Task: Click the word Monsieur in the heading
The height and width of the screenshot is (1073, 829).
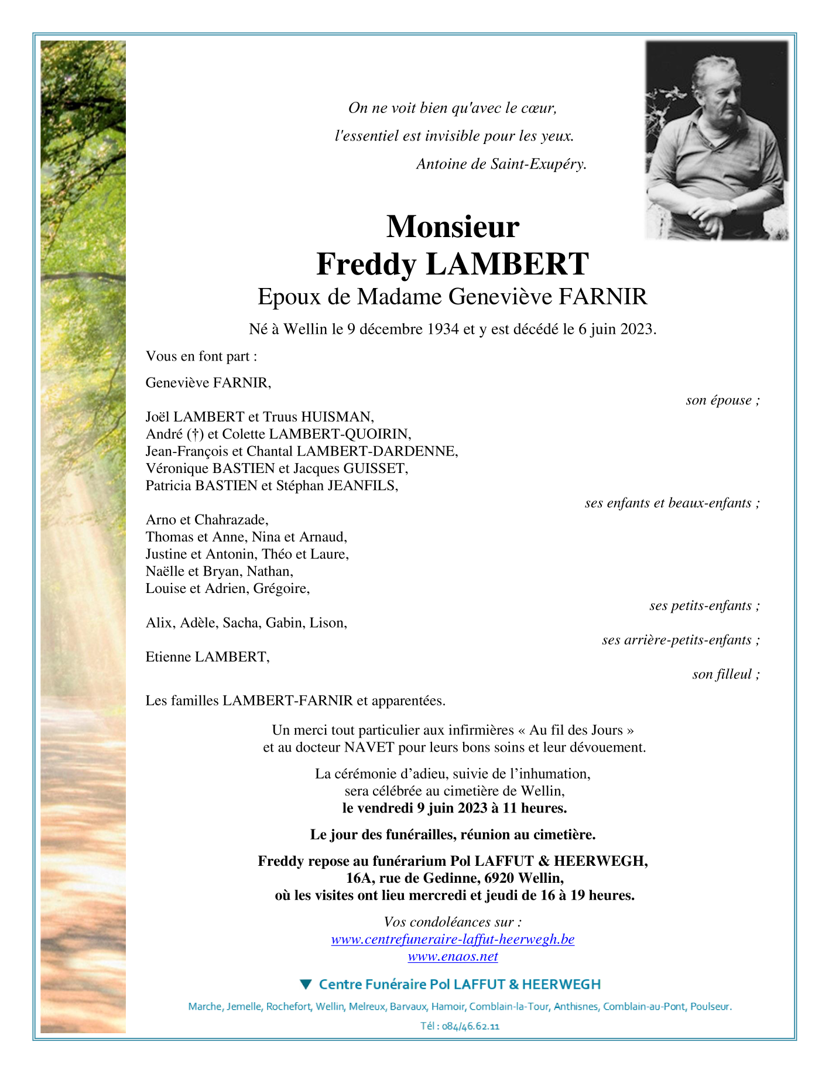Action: coord(453,227)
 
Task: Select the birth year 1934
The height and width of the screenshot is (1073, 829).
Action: coord(443,329)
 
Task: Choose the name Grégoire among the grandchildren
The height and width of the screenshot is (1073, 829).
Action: coord(280,588)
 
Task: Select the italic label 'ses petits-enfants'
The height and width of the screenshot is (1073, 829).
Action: coord(700,606)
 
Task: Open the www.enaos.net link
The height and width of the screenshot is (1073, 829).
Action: coord(453,957)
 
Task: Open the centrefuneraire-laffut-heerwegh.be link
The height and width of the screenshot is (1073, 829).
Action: coord(453,940)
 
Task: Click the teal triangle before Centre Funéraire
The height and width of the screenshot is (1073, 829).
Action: coord(306,984)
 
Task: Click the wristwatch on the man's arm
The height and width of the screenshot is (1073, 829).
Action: coord(733,206)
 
